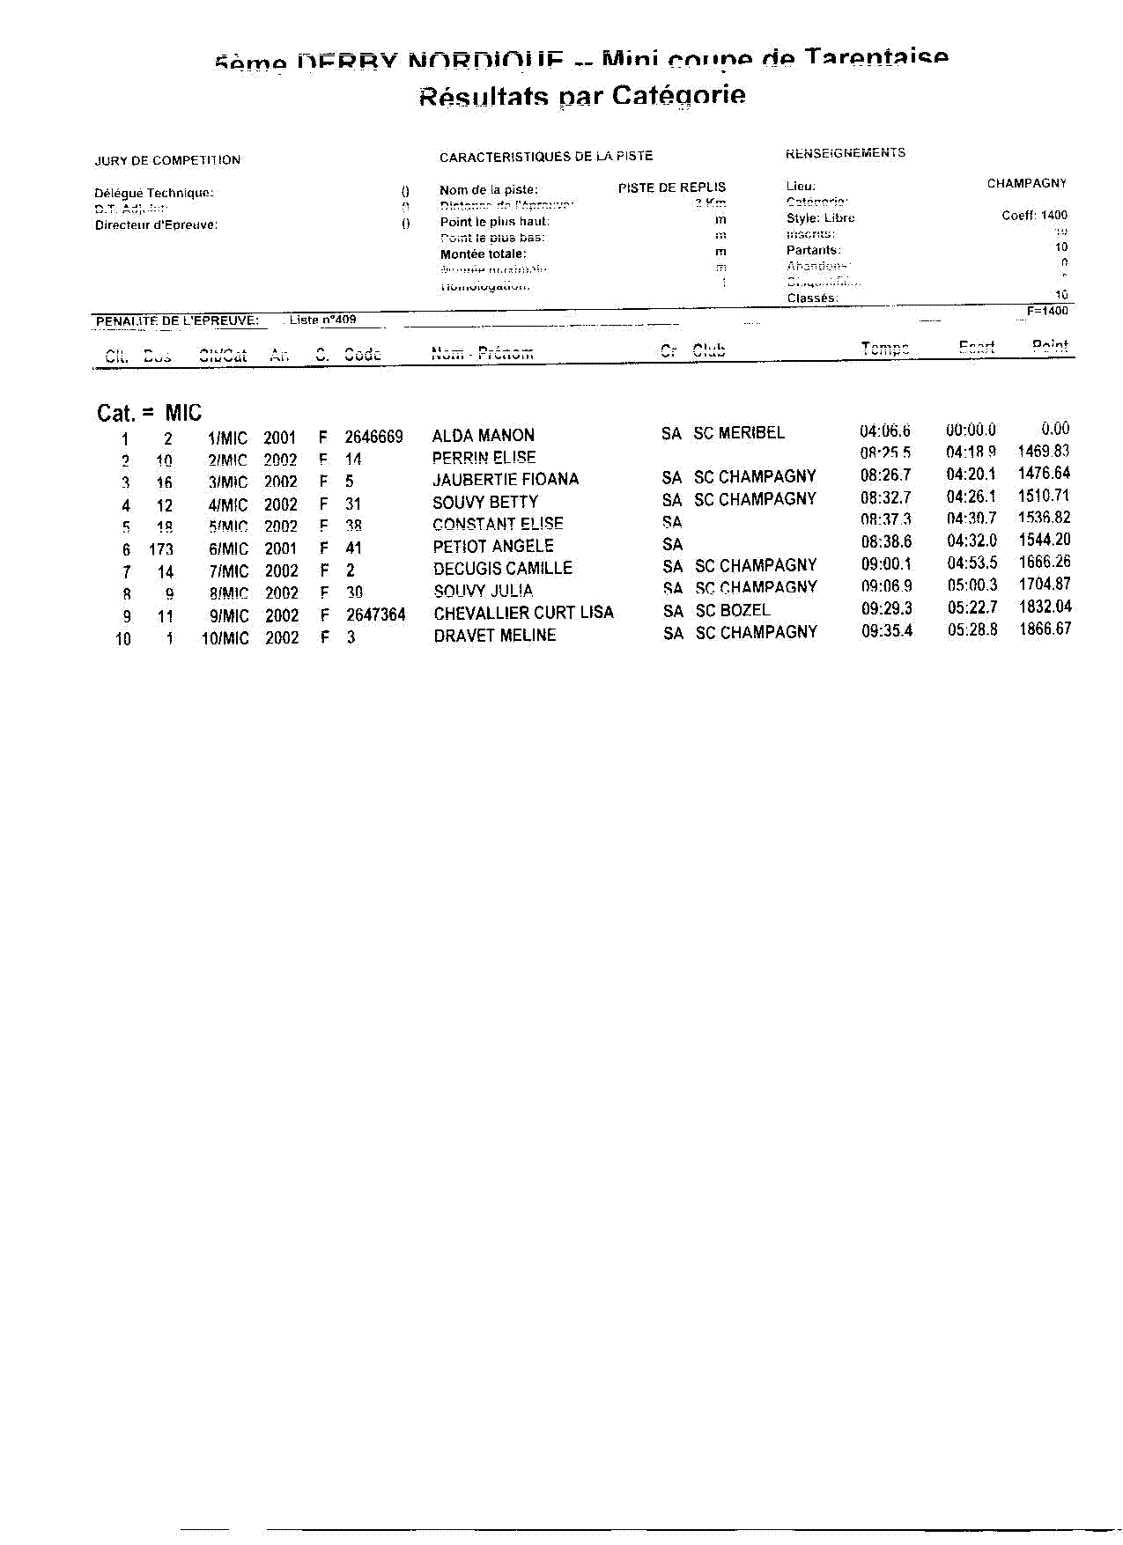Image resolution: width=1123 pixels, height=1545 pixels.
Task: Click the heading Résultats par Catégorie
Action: tap(582, 96)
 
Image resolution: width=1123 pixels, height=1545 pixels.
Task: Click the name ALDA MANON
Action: tap(483, 436)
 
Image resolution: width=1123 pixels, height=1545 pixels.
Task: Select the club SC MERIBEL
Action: tap(738, 433)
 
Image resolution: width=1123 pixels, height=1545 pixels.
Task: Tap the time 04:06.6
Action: tap(885, 431)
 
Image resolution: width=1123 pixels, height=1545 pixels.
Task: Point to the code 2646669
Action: tap(373, 438)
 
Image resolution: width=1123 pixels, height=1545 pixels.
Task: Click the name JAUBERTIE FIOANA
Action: tap(505, 480)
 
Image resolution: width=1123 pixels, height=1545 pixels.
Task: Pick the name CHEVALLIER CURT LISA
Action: tap(523, 613)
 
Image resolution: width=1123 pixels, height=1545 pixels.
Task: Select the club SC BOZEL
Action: tap(732, 610)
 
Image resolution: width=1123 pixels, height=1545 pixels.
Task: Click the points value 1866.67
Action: tap(1045, 629)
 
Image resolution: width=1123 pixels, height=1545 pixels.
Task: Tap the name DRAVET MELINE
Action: tap(494, 636)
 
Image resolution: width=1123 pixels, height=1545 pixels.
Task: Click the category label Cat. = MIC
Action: tap(149, 413)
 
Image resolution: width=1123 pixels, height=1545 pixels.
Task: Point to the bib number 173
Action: tap(161, 549)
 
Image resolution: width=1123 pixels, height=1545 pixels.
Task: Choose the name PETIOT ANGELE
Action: tap(493, 547)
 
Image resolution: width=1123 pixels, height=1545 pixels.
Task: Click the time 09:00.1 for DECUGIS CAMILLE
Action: tap(886, 564)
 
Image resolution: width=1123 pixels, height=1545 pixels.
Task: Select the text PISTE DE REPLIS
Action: tap(671, 188)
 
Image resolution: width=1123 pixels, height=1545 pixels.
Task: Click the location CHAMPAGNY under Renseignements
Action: tap(1026, 184)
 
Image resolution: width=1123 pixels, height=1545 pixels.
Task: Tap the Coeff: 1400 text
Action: tap(1034, 216)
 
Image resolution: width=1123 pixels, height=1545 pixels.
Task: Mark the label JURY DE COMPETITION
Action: tap(167, 160)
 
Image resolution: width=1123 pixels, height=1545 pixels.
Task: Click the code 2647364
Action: tap(375, 614)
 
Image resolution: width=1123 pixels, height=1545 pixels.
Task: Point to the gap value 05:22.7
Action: tap(972, 607)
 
